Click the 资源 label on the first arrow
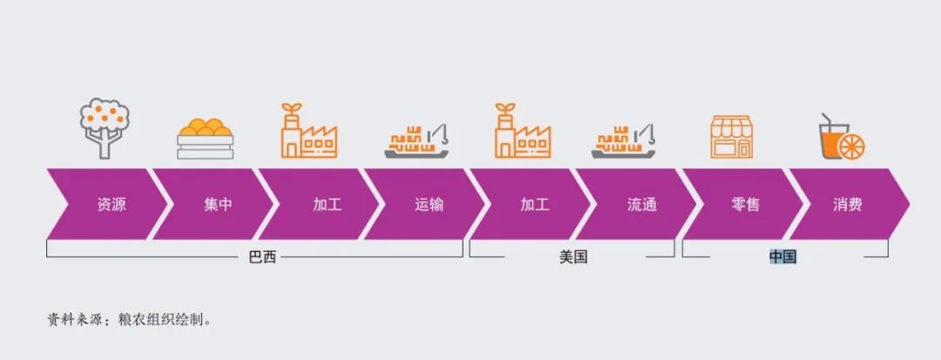point(111,205)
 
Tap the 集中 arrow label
point(217,205)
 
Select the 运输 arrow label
point(429,205)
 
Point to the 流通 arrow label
point(642,205)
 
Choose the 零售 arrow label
point(745,205)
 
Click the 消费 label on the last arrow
point(848,205)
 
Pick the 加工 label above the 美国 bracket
point(535,205)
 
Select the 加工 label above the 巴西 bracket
point(327,205)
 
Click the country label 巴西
point(262,257)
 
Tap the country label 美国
point(573,257)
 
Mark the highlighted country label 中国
point(782,257)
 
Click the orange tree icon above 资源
point(105,128)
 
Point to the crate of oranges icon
point(206,139)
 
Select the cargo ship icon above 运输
point(416,141)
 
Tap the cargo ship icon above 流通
point(624,141)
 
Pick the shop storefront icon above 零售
point(732,137)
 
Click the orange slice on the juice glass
point(851,147)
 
